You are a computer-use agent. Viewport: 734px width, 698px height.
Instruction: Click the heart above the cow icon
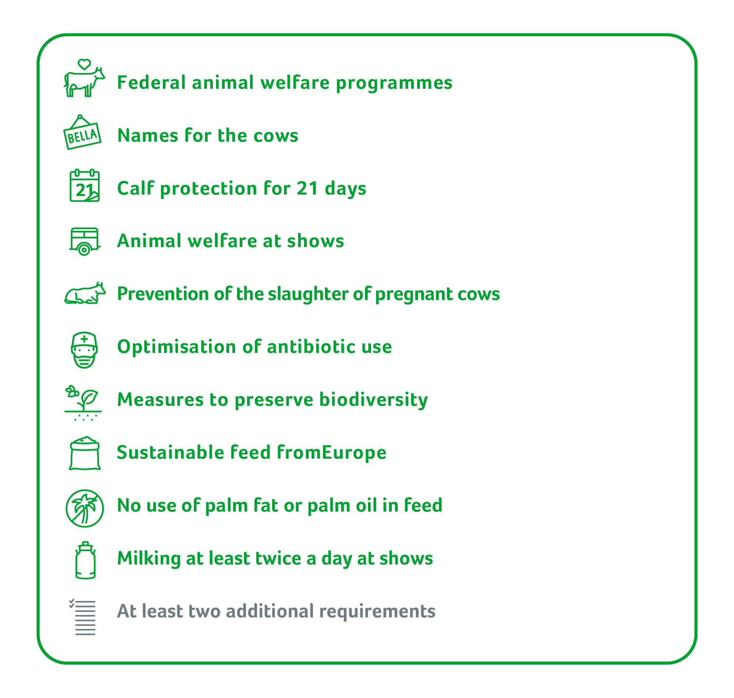tap(84, 64)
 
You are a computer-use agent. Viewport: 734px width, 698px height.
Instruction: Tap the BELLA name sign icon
tap(82, 133)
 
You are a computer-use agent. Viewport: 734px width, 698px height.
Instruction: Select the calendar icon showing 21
tap(84, 186)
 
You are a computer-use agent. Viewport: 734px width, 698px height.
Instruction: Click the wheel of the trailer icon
tap(84, 250)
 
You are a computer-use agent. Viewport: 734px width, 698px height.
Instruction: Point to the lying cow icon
tap(85, 294)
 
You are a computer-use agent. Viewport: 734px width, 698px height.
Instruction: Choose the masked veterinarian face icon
tap(84, 350)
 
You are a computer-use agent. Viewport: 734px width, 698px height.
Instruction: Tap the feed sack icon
tap(85, 453)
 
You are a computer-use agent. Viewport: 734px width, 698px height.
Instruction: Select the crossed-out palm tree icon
tap(84, 508)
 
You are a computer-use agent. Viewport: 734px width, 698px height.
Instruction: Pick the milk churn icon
tap(85, 560)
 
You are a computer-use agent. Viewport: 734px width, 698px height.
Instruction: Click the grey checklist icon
tap(82, 617)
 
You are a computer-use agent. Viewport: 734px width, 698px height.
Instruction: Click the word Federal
tap(151, 82)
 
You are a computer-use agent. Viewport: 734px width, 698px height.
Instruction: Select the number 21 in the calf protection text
tap(307, 188)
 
